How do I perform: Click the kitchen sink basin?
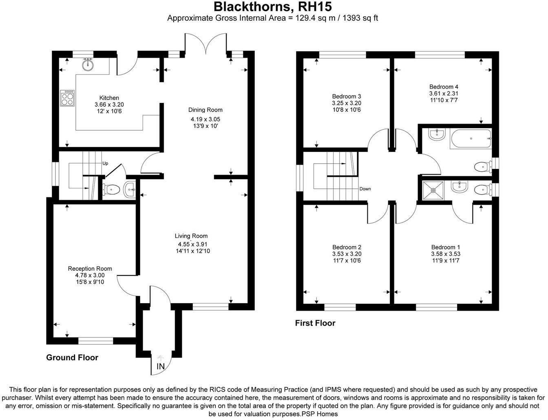88,65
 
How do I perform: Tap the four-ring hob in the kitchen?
67,98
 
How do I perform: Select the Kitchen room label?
109,98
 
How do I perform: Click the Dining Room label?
205,110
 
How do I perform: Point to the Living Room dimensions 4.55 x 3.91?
193,244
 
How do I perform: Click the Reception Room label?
90,269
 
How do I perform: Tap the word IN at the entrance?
160,367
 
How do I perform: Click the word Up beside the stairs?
105,163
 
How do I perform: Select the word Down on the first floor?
365,189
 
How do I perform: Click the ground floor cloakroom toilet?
110,189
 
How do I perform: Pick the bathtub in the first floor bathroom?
471,139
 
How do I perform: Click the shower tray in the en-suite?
433,190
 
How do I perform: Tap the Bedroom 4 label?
444,87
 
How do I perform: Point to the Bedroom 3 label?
347,96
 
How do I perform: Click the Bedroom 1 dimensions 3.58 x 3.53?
446,254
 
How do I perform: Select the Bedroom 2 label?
347,247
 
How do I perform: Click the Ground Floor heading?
72,357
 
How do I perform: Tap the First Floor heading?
315,323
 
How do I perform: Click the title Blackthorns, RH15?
273,7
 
